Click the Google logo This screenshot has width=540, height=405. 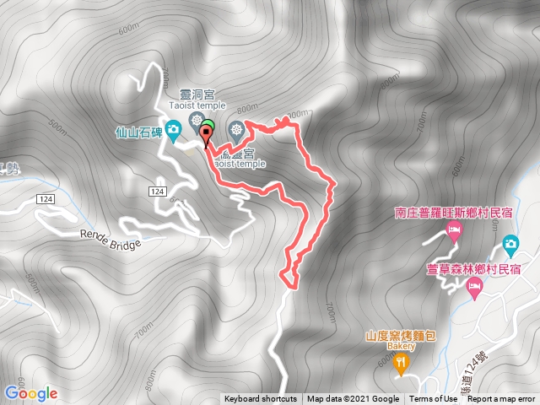click(x=30, y=393)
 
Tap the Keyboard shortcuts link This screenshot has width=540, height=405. click(x=260, y=399)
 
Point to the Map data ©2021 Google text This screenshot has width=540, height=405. click(x=353, y=399)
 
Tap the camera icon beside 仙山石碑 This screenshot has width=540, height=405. click(x=173, y=129)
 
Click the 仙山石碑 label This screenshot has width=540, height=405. click(x=139, y=132)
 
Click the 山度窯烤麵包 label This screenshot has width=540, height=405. click(x=400, y=335)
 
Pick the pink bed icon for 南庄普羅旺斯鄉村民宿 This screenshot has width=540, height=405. click(x=454, y=230)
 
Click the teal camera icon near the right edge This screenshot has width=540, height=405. click(x=510, y=245)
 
